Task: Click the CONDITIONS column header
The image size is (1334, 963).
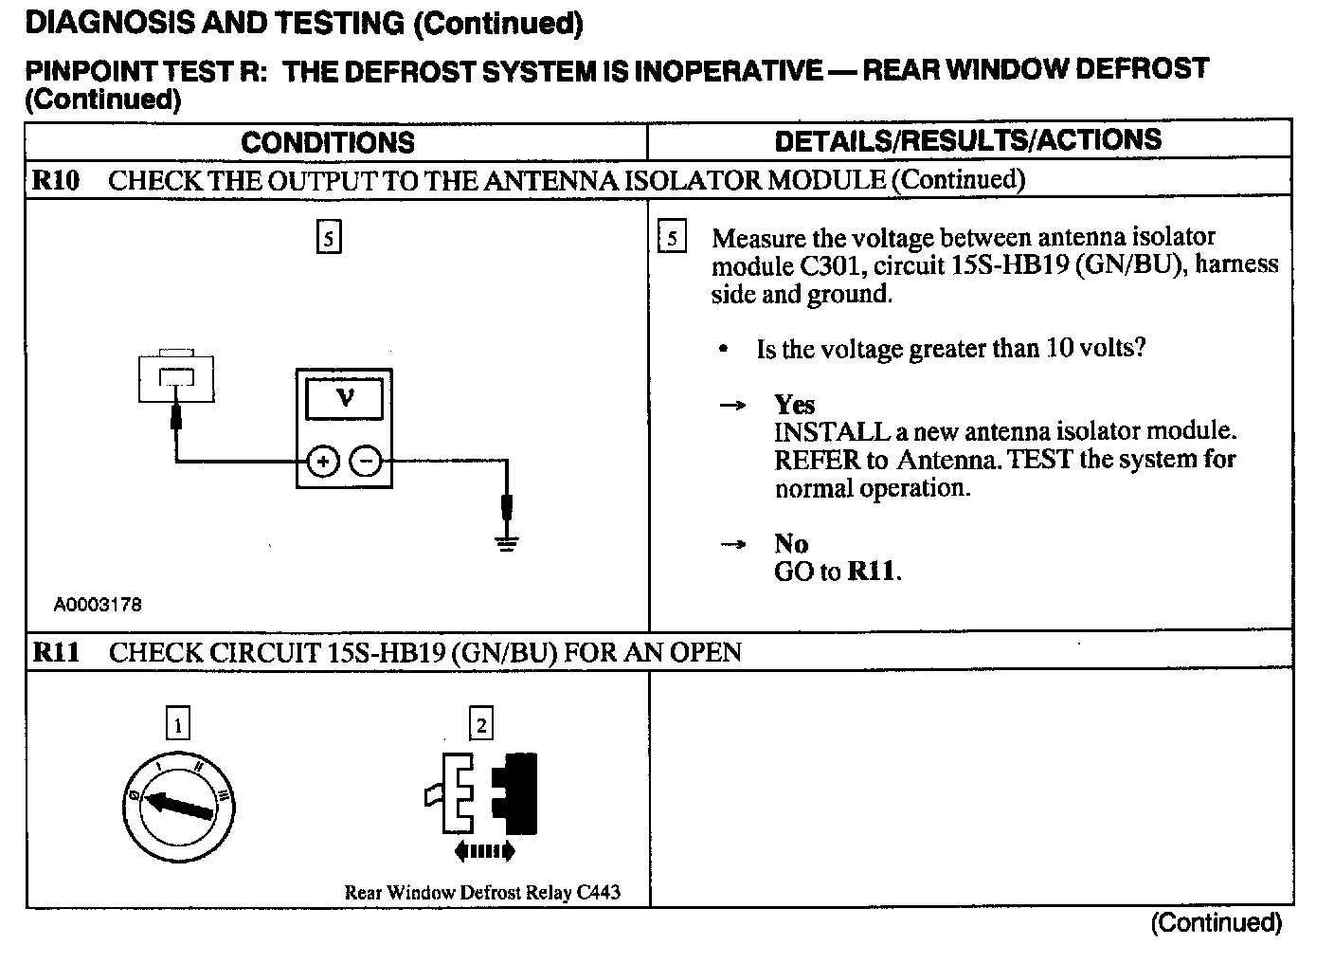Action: (328, 142)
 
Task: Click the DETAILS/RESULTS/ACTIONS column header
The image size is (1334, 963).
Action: (967, 140)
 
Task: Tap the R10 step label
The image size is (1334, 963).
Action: (56, 180)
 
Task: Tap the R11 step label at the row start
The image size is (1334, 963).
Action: (56, 652)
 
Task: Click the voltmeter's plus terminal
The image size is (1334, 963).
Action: (323, 462)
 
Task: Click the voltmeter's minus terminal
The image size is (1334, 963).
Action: (366, 462)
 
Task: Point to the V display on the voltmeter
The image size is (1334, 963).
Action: (345, 398)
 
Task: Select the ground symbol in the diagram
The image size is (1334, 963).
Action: (508, 543)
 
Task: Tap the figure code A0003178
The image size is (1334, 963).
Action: (98, 605)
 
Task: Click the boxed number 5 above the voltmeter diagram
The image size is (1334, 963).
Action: (328, 237)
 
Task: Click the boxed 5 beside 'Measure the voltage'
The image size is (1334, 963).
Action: (671, 237)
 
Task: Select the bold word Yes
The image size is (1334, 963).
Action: (794, 405)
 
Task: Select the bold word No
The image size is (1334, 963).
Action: (791, 543)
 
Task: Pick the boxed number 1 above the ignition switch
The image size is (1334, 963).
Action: (177, 724)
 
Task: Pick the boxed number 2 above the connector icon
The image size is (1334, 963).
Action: (481, 724)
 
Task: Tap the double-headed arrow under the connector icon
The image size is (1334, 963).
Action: (484, 851)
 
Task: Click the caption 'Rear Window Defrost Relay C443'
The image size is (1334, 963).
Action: (482, 892)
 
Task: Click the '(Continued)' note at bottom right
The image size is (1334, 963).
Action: (1216, 922)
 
